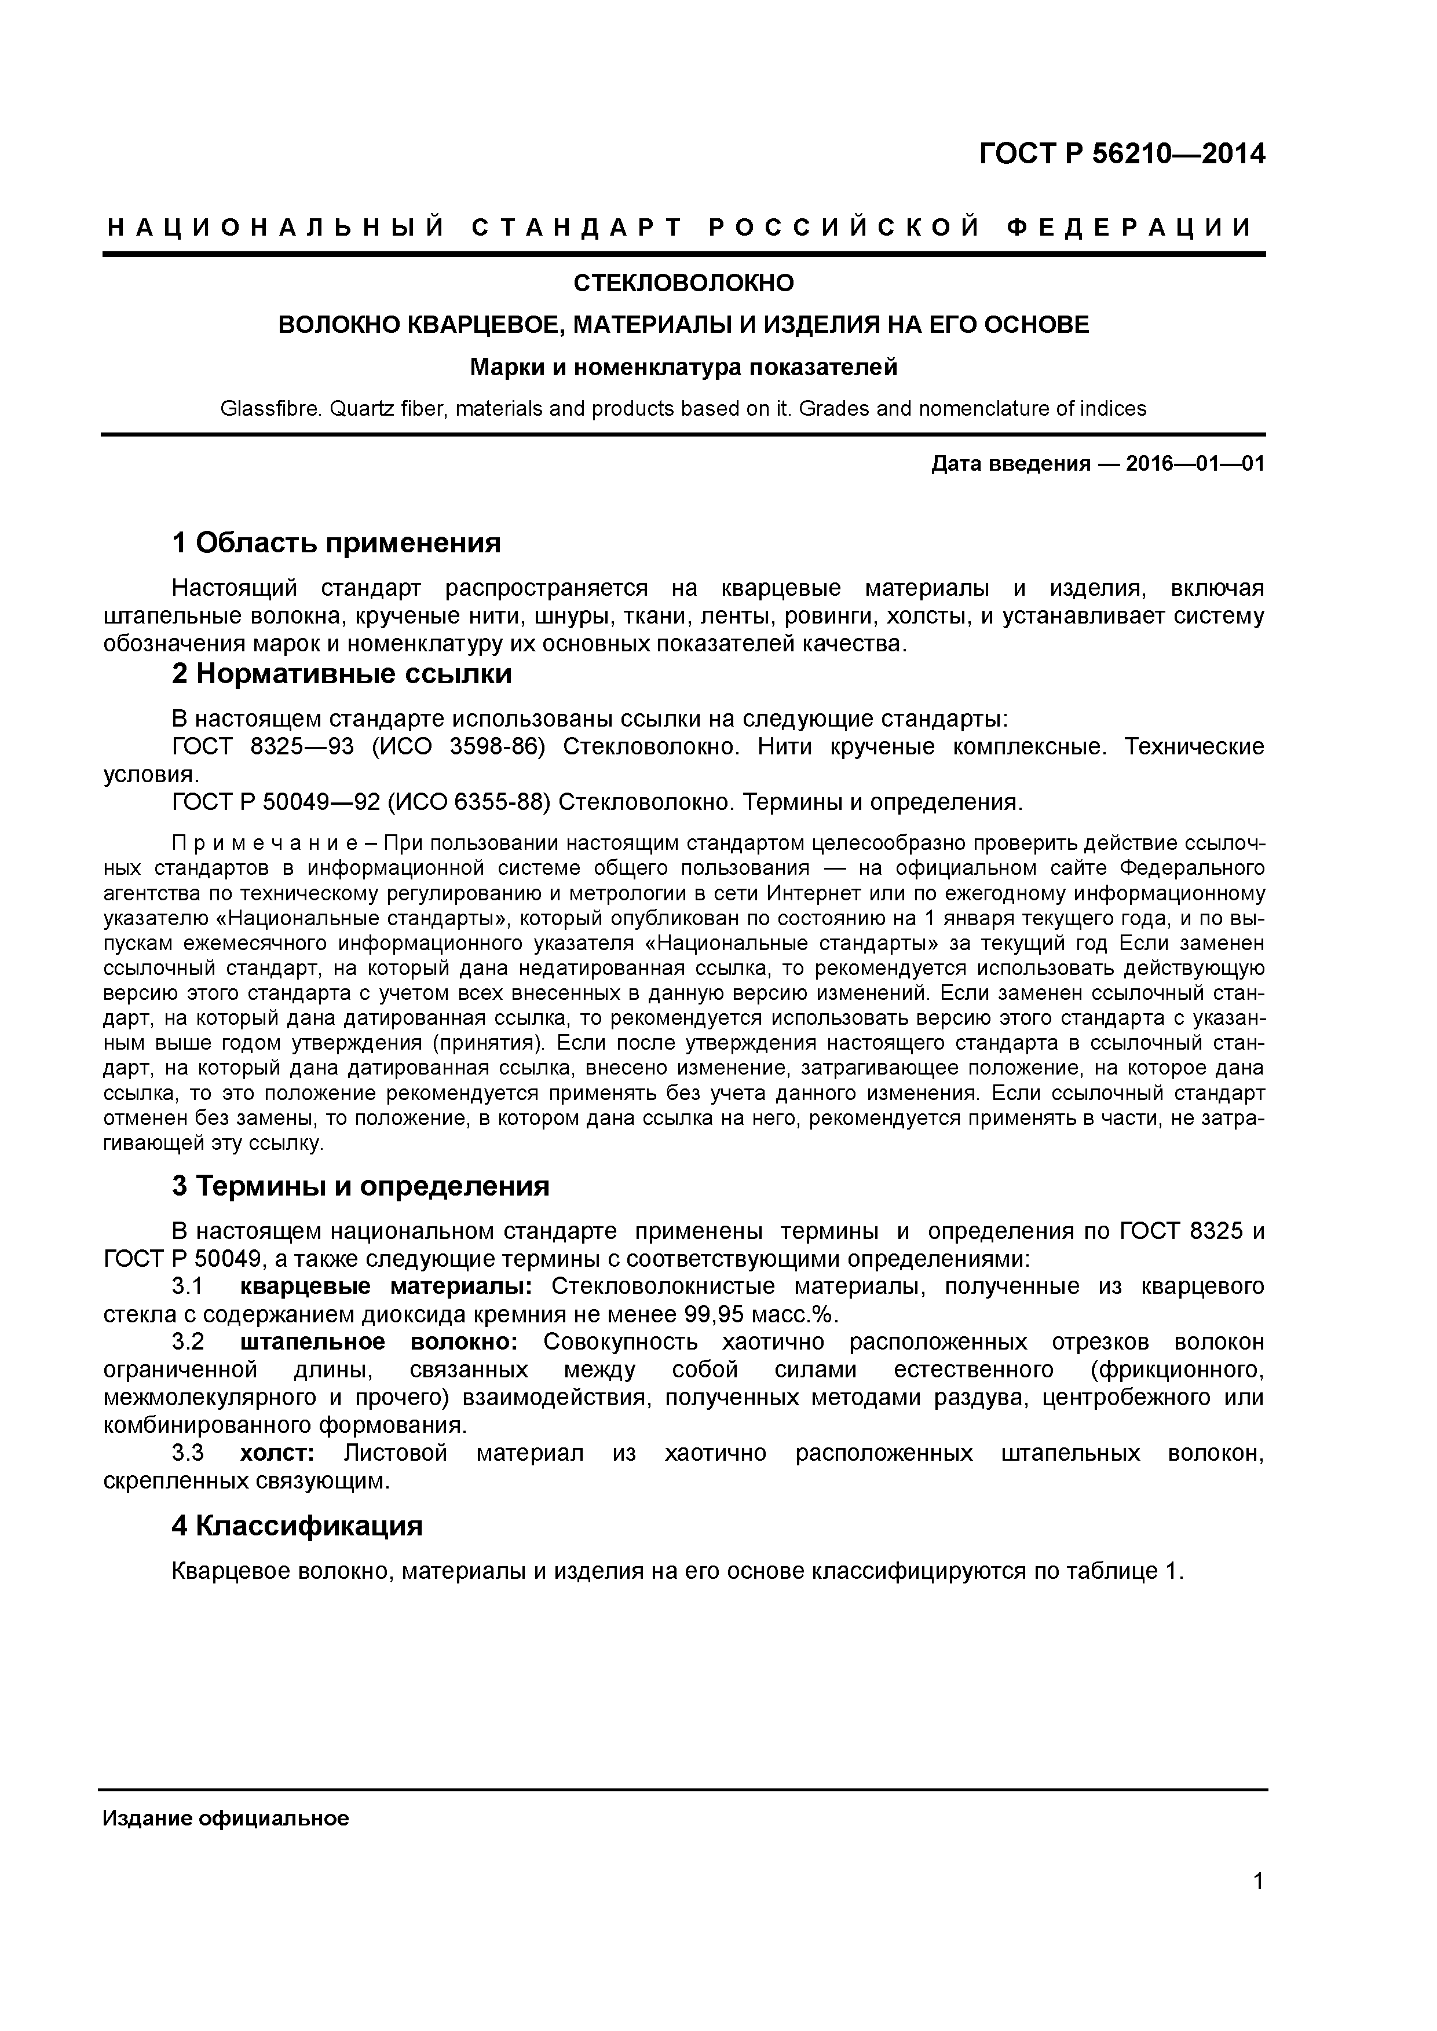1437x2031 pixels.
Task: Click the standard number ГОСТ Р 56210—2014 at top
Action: pos(1121,155)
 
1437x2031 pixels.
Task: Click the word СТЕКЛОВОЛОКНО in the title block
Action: pos(684,283)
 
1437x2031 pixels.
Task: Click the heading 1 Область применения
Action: pos(337,542)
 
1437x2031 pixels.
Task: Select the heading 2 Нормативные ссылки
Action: pos(342,674)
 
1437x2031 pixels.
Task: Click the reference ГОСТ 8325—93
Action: pos(262,747)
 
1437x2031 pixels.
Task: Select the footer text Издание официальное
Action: pos(226,1812)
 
